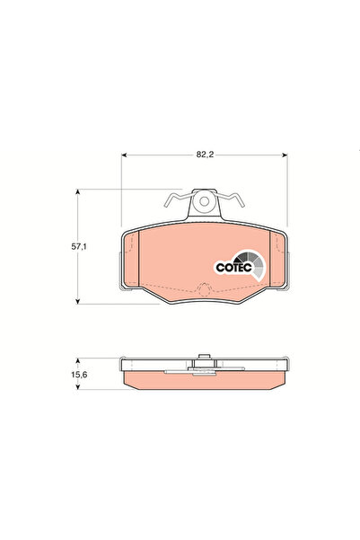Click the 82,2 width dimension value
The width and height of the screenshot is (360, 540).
click(206, 155)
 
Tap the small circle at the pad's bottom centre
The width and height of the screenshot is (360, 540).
click(205, 289)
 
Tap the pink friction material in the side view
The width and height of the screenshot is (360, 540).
click(162, 380)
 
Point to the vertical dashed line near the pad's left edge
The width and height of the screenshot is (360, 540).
click(144, 261)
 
